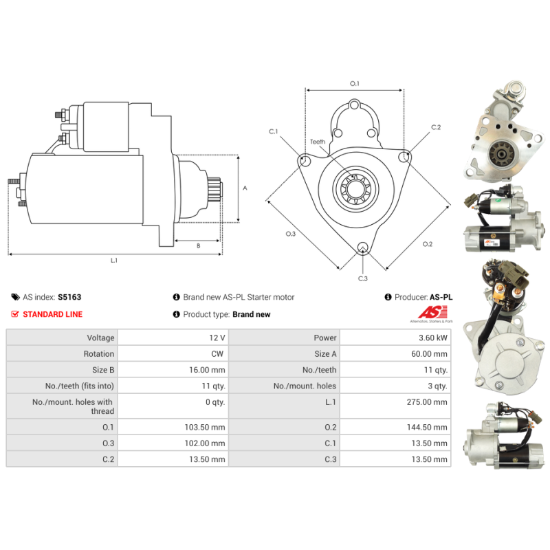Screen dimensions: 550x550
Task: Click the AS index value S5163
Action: click(69, 297)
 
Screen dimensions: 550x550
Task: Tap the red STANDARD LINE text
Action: click(53, 314)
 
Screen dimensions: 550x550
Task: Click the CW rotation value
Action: click(217, 354)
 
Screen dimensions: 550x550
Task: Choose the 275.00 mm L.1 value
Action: click(427, 402)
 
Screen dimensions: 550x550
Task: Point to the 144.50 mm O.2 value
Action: click(427, 427)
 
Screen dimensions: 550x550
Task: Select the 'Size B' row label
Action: click(103, 370)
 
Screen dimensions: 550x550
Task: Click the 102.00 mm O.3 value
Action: click(205, 443)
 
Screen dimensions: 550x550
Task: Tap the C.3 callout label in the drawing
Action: click(363, 278)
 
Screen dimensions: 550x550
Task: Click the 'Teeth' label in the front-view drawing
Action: click(318, 142)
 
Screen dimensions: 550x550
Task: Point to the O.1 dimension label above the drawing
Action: click(355, 83)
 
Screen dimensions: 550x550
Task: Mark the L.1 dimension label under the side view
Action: click(114, 261)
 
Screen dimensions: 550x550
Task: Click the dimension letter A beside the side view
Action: click(245, 188)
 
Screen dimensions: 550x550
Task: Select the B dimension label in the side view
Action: click(199, 246)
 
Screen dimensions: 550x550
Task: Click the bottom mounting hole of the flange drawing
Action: click(363, 247)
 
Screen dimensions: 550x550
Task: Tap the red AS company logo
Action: click(433, 312)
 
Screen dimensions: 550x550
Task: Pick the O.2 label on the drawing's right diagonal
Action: click(427, 244)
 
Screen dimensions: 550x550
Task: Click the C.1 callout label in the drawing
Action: click(273, 131)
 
